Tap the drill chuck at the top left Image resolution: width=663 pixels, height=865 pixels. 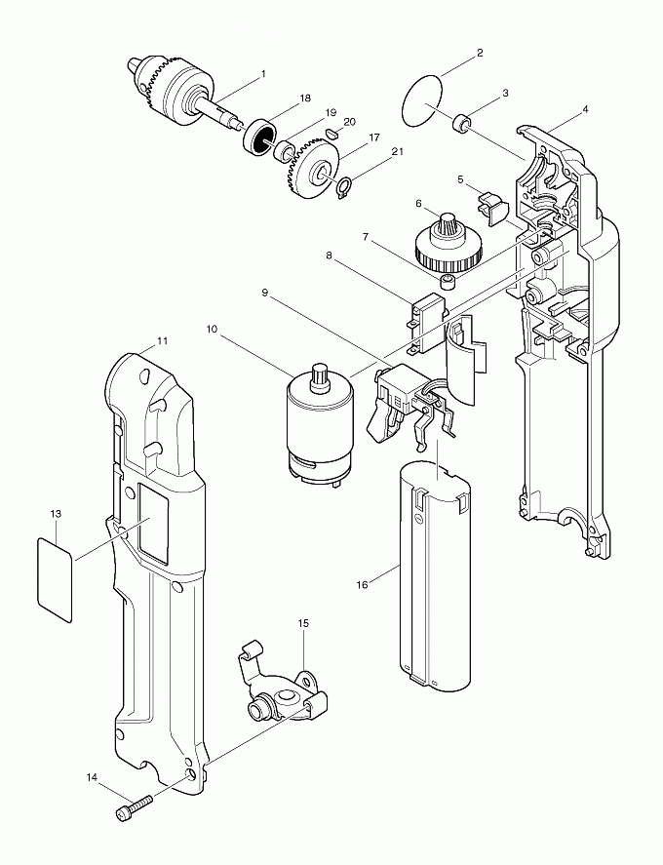coord(175,89)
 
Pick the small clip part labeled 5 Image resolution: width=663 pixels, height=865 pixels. coord(489,204)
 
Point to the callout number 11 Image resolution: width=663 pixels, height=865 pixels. coord(163,341)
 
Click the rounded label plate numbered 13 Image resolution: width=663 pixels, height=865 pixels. coord(54,578)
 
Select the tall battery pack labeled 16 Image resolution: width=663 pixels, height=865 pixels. coord(435,575)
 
